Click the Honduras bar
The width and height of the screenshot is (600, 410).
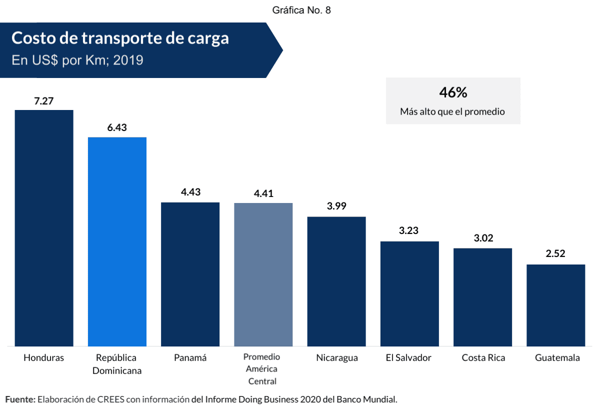click(x=44, y=227)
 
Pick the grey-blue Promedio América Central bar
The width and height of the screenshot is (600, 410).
click(x=263, y=274)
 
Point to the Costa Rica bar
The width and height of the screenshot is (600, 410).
click(x=482, y=297)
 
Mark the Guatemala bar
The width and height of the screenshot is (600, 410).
click(x=555, y=305)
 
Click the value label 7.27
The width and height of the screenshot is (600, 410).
click(x=44, y=101)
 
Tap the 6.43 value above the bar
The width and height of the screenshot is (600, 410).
click(x=117, y=127)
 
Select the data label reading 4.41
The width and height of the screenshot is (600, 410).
click(x=263, y=193)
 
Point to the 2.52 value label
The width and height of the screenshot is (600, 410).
click(x=555, y=253)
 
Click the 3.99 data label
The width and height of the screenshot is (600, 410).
click(x=336, y=206)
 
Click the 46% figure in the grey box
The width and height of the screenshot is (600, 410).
click(x=452, y=92)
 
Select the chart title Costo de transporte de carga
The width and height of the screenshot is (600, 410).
click(x=120, y=38)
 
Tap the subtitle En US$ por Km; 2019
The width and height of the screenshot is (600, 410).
click(x=77, y=60)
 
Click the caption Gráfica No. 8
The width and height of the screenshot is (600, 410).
click(x=301, y=10)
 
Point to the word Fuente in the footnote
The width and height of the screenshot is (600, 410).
click(x=20, y=399)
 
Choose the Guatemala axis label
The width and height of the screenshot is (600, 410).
click(x=557, y=358)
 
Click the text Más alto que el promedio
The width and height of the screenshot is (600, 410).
click(x=452, y=112)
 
